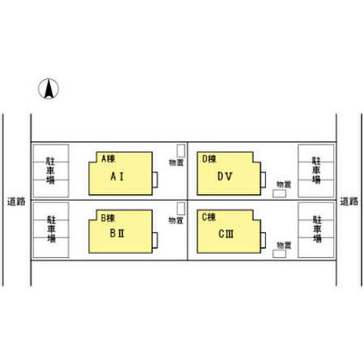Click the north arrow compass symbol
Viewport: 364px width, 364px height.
tap(49, 89)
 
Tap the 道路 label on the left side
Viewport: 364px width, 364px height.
tap(16, 202)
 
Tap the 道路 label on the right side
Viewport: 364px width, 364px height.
tap(349, 202)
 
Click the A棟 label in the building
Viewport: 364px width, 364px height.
tap(108, 158)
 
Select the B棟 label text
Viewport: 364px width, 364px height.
tap(108, 218)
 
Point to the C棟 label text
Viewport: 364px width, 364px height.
tap(209, 217)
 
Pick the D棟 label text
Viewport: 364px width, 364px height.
tap(209, 159)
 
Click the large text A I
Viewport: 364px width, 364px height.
tap(117, 177)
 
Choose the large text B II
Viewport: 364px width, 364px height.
tap(117, 234)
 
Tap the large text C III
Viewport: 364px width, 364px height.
tap(226, 234)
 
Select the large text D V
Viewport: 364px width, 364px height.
tap(225, 177)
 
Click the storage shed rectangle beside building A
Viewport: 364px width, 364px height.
tap(180, 151)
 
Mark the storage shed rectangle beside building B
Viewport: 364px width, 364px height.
tap(180, 209)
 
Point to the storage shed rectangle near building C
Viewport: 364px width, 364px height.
tap(279, 254)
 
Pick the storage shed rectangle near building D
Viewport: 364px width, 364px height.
tap(279, 193)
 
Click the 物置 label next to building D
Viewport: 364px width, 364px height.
tap(284, 184)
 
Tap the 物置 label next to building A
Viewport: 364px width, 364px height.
tap(176, 162)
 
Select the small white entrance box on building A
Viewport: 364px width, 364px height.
tap(155, 180)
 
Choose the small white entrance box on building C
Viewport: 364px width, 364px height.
tap(263, 240)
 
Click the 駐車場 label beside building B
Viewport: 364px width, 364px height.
tap(52, 229)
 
